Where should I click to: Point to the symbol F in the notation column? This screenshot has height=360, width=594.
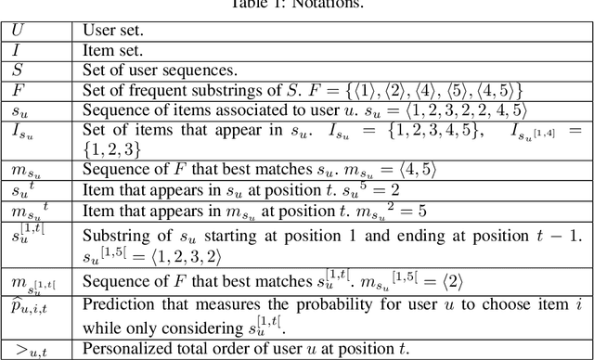pos(16,90)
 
